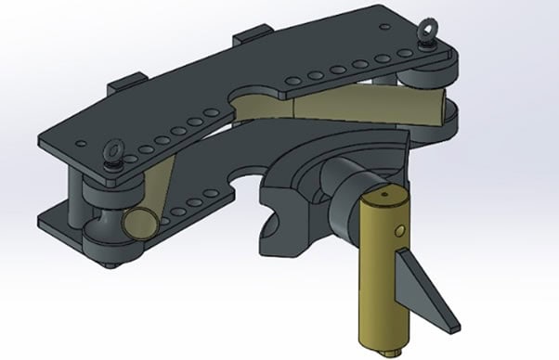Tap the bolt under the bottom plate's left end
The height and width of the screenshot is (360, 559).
tap(111, 266)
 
